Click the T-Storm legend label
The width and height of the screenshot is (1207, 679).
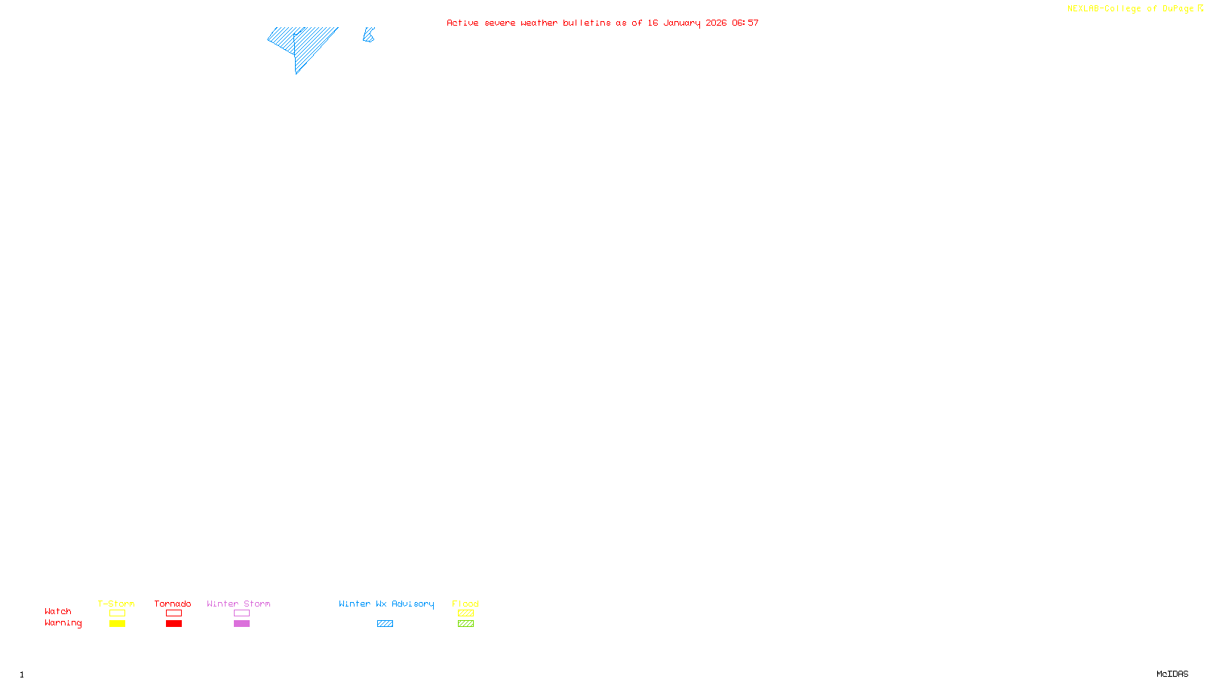[x=116, y=604]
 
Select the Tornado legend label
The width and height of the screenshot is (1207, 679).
[x=173, y=604]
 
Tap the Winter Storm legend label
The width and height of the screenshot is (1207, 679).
[x=238, y=604]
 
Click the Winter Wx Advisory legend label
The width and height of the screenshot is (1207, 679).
[x=386, y=604]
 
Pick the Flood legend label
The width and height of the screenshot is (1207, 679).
[x=465, y=604]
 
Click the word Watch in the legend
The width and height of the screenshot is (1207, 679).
[x=58, y=611]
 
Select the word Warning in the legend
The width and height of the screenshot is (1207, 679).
[x=63, y=623]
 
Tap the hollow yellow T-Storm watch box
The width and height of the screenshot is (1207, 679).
[x=117, y=613]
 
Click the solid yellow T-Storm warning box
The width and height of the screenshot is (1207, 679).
[x=117, y=624]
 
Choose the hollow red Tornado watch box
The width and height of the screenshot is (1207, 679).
[x=174, y=613]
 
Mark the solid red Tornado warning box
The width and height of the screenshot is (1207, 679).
[x=174, y=624]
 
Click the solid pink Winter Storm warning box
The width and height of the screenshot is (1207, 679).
[x=241, y=624]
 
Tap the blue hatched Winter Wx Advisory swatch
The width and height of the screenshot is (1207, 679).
[x=385, y=624]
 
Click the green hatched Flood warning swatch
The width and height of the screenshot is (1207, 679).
[x=465, y=624]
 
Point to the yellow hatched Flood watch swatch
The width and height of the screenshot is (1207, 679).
[x=465, y=613]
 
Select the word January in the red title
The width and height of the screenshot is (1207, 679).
[x=682, y=23]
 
